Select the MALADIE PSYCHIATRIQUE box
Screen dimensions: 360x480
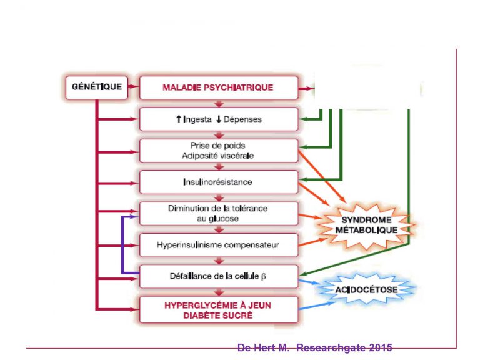217,87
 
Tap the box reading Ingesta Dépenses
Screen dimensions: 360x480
217,119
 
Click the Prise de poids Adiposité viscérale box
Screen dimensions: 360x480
217,150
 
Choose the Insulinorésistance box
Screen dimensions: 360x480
217,182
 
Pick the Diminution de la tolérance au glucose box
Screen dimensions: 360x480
217,214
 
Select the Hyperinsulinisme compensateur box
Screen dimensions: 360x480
217,245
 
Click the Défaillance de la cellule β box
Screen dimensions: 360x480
217,276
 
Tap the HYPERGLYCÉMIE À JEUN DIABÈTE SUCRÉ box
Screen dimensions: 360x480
217,310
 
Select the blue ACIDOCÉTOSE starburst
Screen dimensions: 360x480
366,290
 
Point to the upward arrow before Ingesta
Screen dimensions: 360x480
178,119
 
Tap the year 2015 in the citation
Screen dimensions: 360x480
381,347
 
